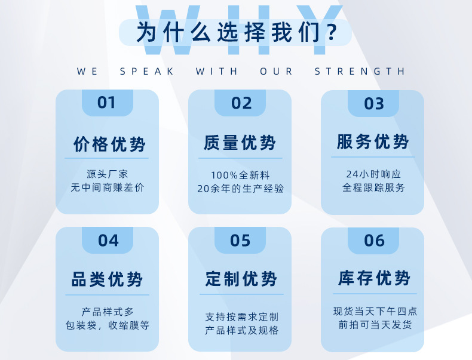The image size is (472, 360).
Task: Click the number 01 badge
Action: pyautogui.click(x=107, y=103)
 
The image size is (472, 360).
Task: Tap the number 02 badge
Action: pyautogui.click(x=241, y=103)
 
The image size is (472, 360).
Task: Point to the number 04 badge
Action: pyautogui.click(x=108, y=241)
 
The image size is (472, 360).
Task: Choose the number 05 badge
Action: pyautogui.click(x=240, y=241)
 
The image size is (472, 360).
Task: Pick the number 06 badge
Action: pyautogui.click(x=374, y=241)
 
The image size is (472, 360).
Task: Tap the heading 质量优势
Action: pyautogui.click(x=240, y=143)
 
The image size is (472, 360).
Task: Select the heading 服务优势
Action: pyautogui.click(x=373, y=142)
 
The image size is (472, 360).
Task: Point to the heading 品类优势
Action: pyautogui.click(x=108, y=279)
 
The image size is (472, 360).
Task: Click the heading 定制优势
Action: pyautogui.click(x=241, y=279)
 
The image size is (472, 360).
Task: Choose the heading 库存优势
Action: pyautogui.click(x=374, y=278)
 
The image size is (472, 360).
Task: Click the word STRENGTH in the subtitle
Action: pyautogui.click(x=360, y=72)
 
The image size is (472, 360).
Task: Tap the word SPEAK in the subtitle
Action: pyautogui.click(x=147, y=72)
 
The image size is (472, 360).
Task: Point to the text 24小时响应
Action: pyautogui.click(x=373, y=174)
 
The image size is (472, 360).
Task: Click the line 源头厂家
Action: pyautogui.click(x=108, y=174)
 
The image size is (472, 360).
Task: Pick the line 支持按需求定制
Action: pyautogui.click(x=241, y=317)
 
